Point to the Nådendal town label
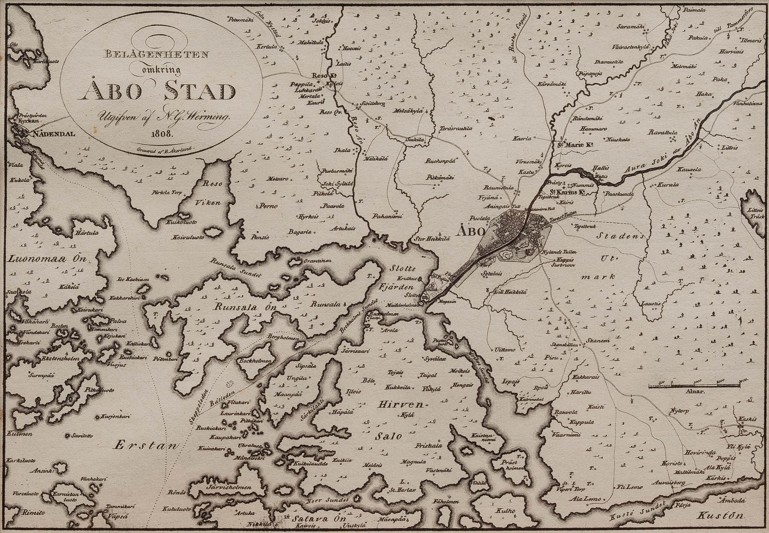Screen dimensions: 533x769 (52, 135)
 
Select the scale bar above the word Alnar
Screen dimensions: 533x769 (694, 385)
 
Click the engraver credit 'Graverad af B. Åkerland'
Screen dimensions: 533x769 (166, 150)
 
